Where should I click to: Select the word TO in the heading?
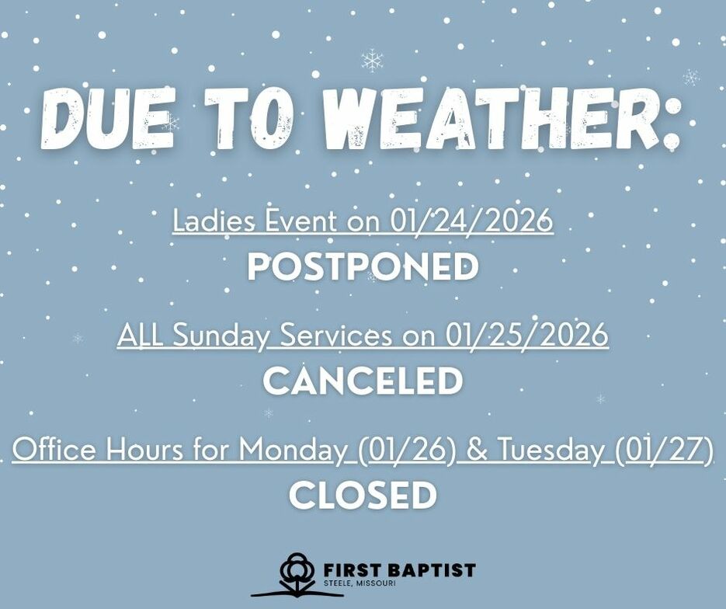(250, 118)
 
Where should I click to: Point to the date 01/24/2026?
(471, 220)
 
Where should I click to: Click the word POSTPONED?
(363, 266)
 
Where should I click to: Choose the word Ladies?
(214, 220)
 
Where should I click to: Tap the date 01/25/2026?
(527, 334)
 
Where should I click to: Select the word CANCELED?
(363, 381)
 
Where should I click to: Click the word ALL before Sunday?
(140, 334)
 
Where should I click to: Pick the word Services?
(335, 334)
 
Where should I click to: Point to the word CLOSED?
(363, 495)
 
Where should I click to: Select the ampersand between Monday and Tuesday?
(478, 449)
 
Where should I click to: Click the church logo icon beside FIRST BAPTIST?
(297, 574)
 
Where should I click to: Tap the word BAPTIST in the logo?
(430, 569)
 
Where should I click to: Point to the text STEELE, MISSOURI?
(360, 583)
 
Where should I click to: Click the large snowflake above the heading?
(372, 61)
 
